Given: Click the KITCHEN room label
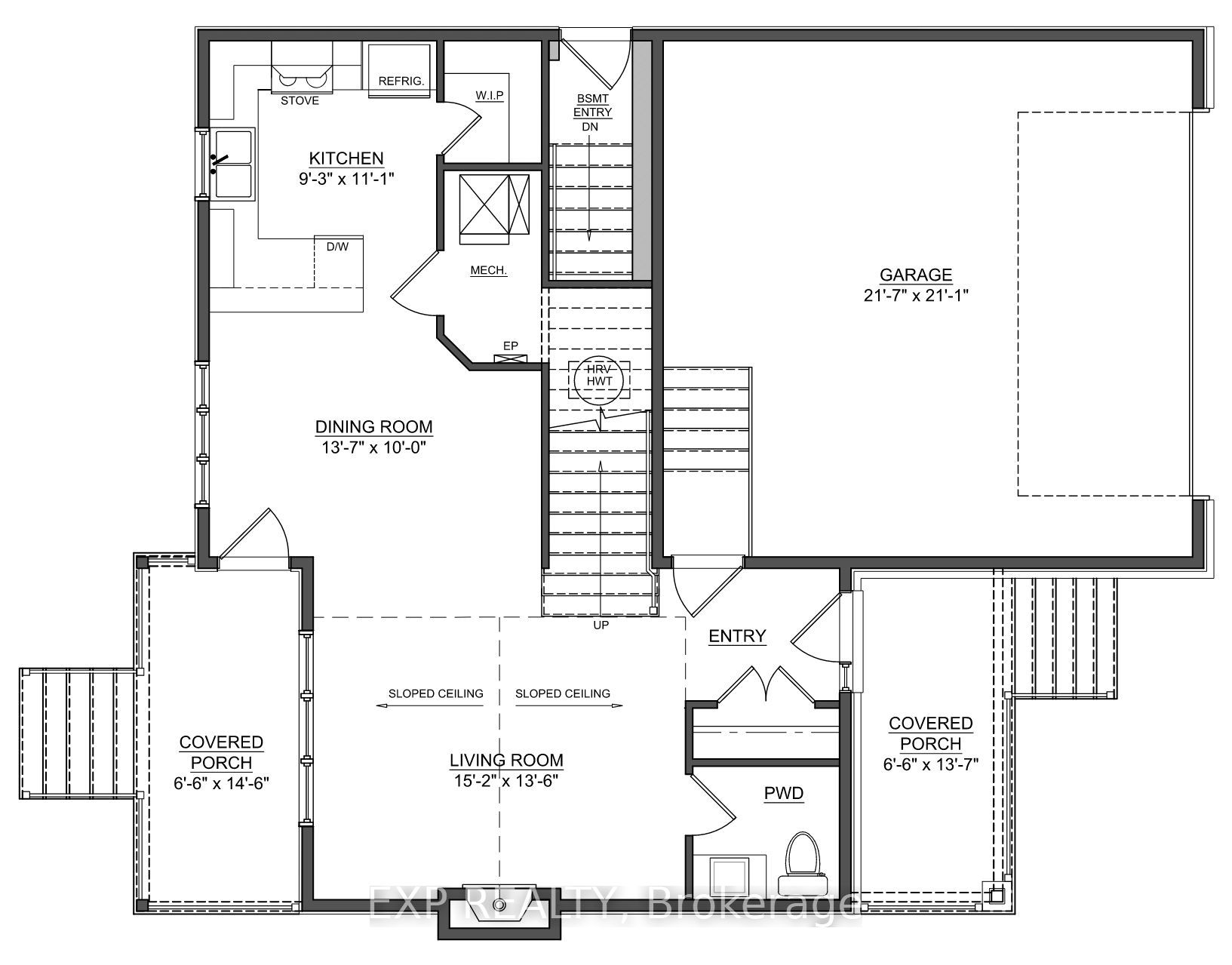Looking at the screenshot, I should (x=346, y=158).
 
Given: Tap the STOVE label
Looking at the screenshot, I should (x=300, y=100).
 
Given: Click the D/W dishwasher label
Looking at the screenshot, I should (x=333, y=246).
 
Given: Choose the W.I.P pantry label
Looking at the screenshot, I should (x=489, y=95).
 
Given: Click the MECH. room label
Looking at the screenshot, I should (x=488, y=270).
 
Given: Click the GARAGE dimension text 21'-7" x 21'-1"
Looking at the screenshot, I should (x=915, y=295).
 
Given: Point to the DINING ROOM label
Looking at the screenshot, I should (x=373, y=427).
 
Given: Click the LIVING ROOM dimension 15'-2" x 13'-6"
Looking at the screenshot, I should (x=506, y=780).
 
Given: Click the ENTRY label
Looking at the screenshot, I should (x=737, y=636).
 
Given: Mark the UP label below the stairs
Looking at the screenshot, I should (x=601, y=625).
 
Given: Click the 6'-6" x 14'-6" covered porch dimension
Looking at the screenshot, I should (x=221, y=782).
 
